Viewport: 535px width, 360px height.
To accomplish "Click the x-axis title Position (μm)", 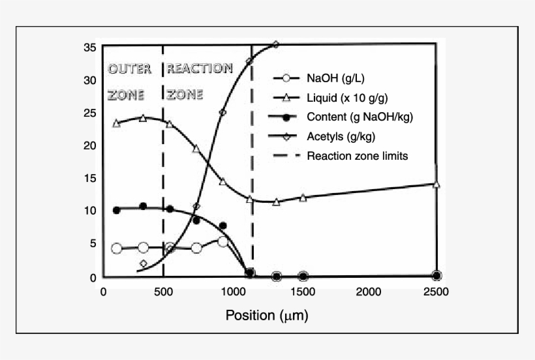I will (266, 316).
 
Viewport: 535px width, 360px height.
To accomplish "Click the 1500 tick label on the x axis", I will (303, 292).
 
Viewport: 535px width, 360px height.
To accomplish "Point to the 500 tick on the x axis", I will (163, 292).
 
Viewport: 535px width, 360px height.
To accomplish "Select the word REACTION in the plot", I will (200, 68).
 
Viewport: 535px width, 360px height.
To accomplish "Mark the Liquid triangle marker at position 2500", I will (436, 185).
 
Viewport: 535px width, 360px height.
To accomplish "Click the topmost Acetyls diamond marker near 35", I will (276, 45).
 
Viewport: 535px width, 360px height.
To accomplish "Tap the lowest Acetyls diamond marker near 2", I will (144, 263).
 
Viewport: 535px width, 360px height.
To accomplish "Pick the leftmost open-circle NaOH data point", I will (117, 248).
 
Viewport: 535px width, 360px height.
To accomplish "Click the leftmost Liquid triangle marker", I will (117, 123).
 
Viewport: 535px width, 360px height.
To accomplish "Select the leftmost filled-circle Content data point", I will (117, 210).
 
